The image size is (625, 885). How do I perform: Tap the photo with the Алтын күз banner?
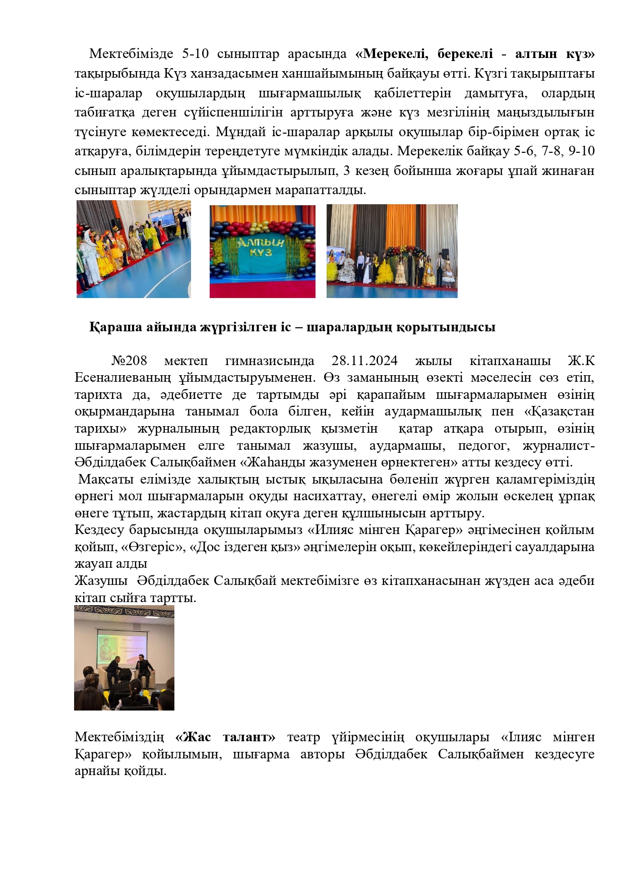(x=262, y=251)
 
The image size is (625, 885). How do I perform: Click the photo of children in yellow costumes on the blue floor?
(x=134, y=249)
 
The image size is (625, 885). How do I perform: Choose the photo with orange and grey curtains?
(x=392, y=251)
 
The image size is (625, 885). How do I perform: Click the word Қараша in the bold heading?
(x=115, y=327)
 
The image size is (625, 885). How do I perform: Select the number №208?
(x=129, y=361)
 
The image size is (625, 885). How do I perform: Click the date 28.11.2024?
(x=364, y=361)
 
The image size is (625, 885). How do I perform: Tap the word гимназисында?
(x=269, y=361)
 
